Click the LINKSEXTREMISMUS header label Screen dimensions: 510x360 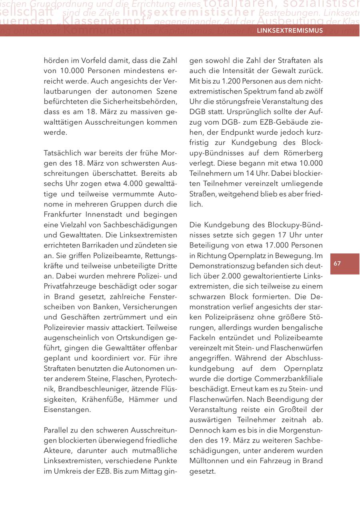[290, 30]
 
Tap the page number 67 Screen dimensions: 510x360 [337, 263]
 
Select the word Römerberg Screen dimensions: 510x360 [303, 153]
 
